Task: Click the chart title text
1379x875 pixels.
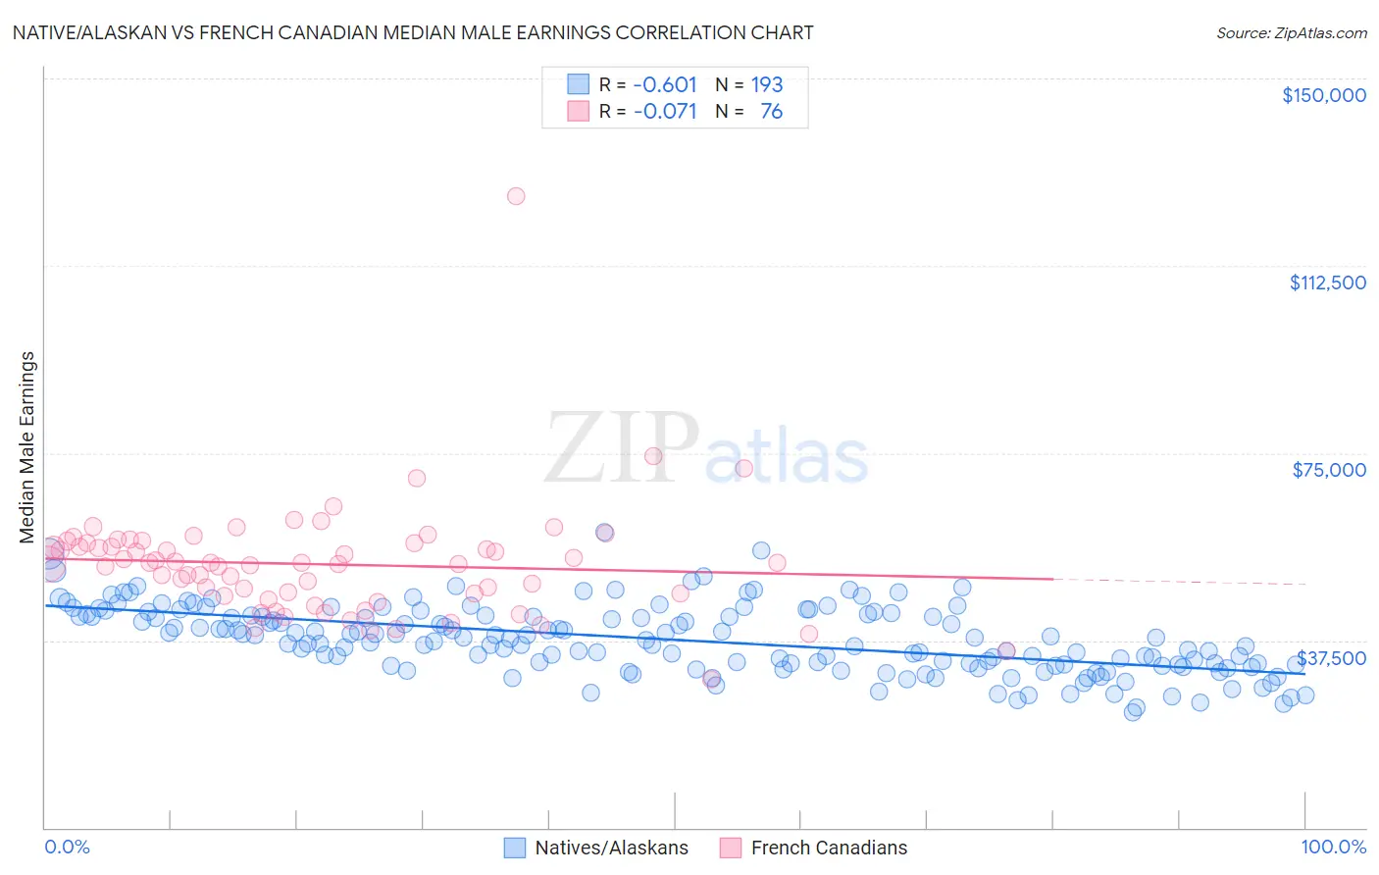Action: click(413, 32)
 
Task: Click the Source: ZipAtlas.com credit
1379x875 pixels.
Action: click(1291, 32)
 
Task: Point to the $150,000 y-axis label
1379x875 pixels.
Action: click(1323, 95)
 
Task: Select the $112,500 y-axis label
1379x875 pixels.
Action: click(1327, 283)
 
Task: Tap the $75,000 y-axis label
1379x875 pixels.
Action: click(1328, 470)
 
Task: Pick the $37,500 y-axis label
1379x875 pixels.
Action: click(1331, 657)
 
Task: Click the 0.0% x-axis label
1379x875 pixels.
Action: click(67, 847)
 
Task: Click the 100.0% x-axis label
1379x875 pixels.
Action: click(1333, 847)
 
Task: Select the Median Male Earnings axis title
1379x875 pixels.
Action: click(27, 447)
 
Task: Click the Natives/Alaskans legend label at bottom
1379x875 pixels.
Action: click(611, 848)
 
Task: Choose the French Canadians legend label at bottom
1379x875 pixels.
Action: click(829, 848)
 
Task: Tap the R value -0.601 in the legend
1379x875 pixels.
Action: click(665, 84)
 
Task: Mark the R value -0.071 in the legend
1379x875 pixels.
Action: click(665, 112)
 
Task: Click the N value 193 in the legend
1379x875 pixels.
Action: click(767, 84)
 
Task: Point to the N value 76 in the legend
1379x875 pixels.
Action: click(771, 112)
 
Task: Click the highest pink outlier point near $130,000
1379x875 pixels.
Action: click(516, 196)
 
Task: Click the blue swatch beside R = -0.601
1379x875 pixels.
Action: click(578, 84)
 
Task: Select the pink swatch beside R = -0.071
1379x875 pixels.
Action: click(578, 112)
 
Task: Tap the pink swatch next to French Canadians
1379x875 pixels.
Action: click(730, 848)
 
